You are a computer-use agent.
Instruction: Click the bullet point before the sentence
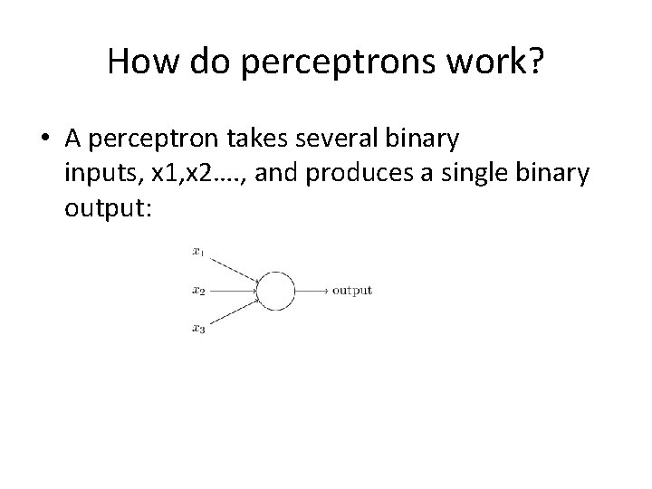44,139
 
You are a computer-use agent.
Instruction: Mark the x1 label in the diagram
197,251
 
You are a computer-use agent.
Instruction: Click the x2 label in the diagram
197,291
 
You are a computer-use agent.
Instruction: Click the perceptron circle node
277,290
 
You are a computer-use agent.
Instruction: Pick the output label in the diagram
351,291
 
